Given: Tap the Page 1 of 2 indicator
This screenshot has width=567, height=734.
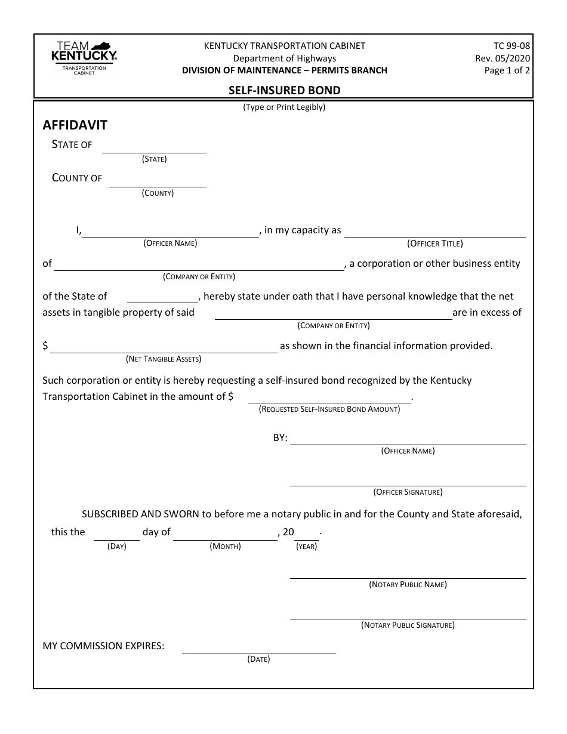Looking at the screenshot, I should coord(507,70).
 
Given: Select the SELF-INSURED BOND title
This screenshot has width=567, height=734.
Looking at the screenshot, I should coord(285,91).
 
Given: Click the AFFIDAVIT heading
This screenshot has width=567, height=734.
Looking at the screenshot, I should coord(75,125).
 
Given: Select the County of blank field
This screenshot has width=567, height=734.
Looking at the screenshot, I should coord(158,181).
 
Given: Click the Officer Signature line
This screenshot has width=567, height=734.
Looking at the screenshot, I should coord(408,480).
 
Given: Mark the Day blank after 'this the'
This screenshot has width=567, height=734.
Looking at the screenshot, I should coord(116,534).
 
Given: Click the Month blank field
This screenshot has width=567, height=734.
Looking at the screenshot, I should coord(225,534).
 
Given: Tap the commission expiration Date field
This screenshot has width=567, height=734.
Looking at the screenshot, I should coord(258,647).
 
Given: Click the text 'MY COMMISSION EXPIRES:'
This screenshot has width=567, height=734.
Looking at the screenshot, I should coord(103,646).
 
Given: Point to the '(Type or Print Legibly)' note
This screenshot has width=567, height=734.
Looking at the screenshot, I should coord(284,107).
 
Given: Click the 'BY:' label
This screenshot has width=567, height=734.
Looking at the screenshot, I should coord(281,438).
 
